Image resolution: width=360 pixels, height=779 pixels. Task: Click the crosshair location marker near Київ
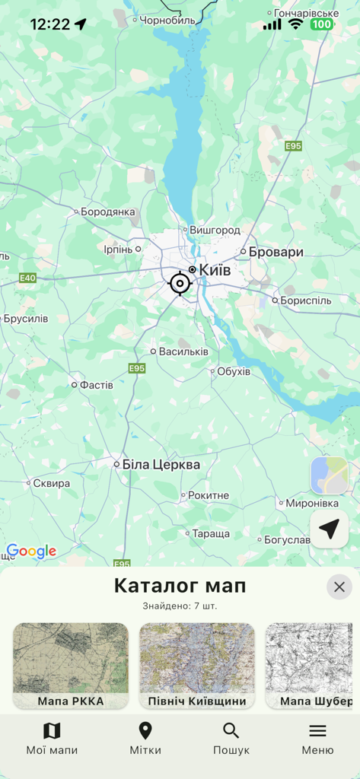pyautogui.click(x=180, y=284)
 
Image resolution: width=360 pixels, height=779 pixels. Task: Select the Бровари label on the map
pyautogui.click(x=276, y=252)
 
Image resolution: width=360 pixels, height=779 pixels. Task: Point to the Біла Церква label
pyautogui.click(x=161, y=464)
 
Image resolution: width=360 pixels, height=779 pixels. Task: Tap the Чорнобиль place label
pyautogui.click(x=167, y=19)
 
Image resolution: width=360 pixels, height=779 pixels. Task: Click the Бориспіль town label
pyautogui.click(x=306, y=300)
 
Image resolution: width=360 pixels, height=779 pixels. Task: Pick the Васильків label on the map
pyautogui.click(x=183, y=351)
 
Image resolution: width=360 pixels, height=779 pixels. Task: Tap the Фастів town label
pyautogui.click(x=96, y=385)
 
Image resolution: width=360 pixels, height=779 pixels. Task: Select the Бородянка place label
pyautogui.click(x=107, y=211)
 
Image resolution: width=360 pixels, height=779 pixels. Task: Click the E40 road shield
pyautogui.click(x=27, y=278)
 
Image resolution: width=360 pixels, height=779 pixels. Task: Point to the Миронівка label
pyautogui.click(x=312, y=503)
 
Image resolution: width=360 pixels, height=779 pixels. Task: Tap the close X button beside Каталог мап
pyautogui.click(x=339, y=587)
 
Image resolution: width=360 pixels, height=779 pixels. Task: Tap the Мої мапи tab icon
pyautogui.click(x=52, y=731)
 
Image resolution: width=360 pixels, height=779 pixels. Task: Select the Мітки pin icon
pyautogui.click(x=145, y=731)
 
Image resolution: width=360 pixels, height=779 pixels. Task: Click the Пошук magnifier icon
pyautogui.click(x=231, y=731)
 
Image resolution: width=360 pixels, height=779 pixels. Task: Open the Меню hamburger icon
pyautogui.click(x=317, y=731)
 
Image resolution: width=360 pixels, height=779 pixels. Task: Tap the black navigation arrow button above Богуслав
pyautogui.click(x=329, y=529)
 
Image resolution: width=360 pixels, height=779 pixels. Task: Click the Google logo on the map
pyautogui.click(x=31, y=552)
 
